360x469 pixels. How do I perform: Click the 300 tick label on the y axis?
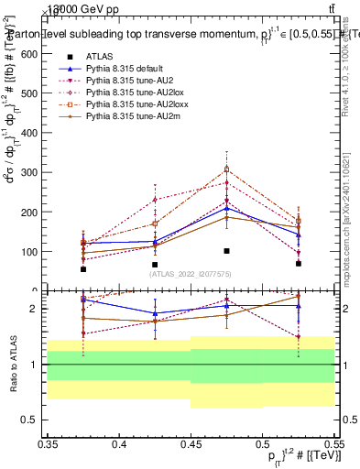(x=33, y=172)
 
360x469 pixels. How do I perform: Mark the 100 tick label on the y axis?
(x=33, y=251)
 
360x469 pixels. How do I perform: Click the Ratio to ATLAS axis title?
(x=13, y=365)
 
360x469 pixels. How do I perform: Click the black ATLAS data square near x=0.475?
(x=226, y=251)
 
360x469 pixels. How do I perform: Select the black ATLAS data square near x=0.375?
(x=83, y=269)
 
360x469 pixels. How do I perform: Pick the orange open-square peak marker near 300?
(x=227, y=169)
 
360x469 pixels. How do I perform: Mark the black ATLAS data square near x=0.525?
(x=299, y=264)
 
